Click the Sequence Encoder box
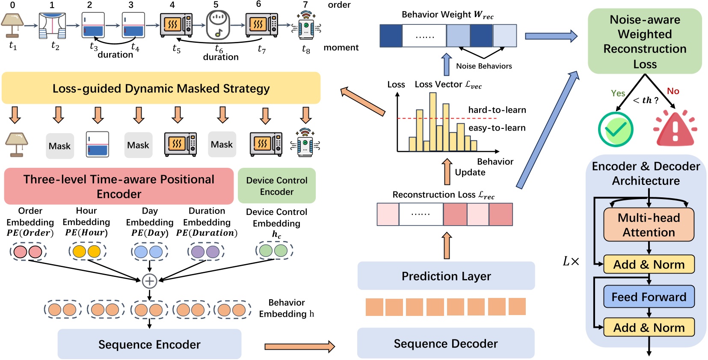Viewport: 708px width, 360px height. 149,344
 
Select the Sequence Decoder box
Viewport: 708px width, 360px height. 446,343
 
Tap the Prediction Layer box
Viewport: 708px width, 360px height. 446,276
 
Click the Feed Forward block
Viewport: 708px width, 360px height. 649,297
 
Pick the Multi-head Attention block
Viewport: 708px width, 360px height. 649,225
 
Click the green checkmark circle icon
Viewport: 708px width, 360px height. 615,129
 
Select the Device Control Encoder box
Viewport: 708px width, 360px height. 276,186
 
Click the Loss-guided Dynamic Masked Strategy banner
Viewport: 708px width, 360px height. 161,88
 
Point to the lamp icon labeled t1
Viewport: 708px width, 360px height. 12,25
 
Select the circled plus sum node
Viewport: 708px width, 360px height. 149,281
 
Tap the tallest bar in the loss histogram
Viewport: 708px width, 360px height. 433,122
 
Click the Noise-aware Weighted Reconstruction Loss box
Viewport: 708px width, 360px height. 645,42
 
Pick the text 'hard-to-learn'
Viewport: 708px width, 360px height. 497,110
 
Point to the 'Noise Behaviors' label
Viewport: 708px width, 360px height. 484,66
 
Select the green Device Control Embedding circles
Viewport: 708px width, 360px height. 274,250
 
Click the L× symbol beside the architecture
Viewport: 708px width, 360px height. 571,261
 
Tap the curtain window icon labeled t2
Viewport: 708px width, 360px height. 53,26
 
